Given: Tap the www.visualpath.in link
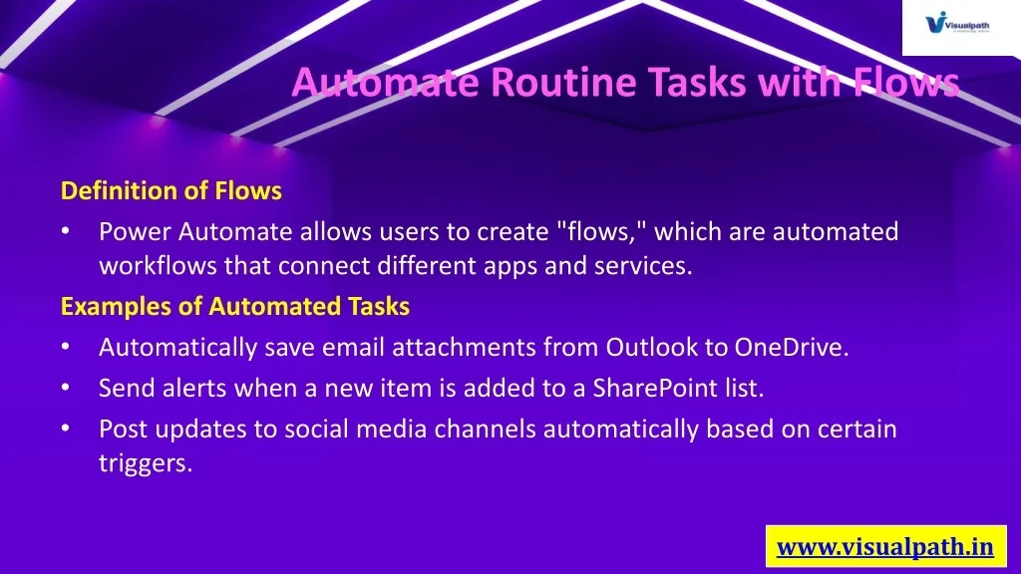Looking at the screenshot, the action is (x=885, y=547).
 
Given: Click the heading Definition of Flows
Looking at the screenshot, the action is (x=171, y=190).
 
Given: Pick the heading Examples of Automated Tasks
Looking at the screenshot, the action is (x=235, y=307).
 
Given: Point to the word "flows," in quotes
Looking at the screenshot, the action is (x=601, y=231).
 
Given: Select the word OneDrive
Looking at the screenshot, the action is (x=792, y=347).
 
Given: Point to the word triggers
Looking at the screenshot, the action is (x=146, y=464).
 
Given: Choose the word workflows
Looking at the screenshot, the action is (x=158, y=265).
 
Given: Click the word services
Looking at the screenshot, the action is (x=643, y=265).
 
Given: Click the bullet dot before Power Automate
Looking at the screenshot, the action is (x=65, y=231).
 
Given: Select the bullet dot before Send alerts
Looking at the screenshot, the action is (x=65, y=388).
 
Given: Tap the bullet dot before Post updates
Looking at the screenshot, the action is (x=65, y=429).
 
